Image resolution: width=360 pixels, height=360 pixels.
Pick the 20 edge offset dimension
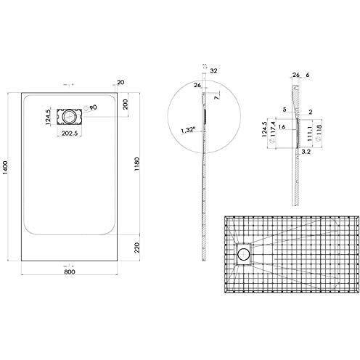120,81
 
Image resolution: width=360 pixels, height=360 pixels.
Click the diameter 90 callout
92,107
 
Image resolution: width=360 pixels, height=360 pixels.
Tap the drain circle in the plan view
70,115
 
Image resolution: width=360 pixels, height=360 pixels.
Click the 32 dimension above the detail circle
214,72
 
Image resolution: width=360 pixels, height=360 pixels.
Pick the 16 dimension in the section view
282,127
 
